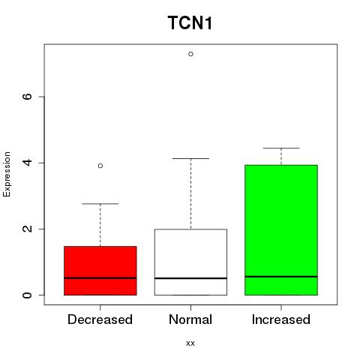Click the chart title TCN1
pos(190,22)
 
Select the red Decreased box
pos(100,271)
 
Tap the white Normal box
pos(190,262)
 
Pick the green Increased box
pos(281,230)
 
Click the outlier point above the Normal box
pos(190,54)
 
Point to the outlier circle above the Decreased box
pos(100,166)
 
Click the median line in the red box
pos(100,278)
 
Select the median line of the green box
pos(281,277)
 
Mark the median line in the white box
pos(190,278)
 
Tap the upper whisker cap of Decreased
pos(100,204)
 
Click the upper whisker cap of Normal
pos(190,158)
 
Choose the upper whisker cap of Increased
pos(281,148)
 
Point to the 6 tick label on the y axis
pos(27,97)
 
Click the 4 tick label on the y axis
pos(27,163)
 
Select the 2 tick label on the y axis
pos(27,229)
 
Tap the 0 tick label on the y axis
pos(27,295)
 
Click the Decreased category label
pos(100,319)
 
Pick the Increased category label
pos(281,319)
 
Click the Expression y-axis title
pos(7,174)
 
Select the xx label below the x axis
pos(190,343)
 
